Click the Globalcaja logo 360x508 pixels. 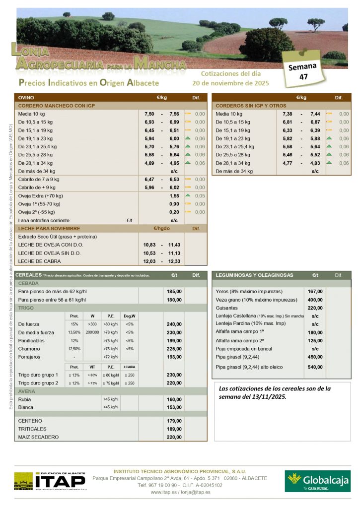click(317, 480)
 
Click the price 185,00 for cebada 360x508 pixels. click(174, 292)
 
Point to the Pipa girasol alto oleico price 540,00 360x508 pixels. click(315, 367)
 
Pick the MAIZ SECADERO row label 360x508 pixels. click(38, 437)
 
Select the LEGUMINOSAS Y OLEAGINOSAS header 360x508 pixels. click(254, 275)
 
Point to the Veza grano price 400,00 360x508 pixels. click(315, 300)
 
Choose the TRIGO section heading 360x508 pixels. click(26, 308)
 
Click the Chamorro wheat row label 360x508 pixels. click(29, 349)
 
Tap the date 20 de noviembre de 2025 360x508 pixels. click(230, 83)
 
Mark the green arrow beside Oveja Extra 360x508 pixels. click(188, 195)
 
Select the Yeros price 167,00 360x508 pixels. click(315, 292)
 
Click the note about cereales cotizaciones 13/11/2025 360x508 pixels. click(275, 392)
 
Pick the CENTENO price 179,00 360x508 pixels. click(174, 421)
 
